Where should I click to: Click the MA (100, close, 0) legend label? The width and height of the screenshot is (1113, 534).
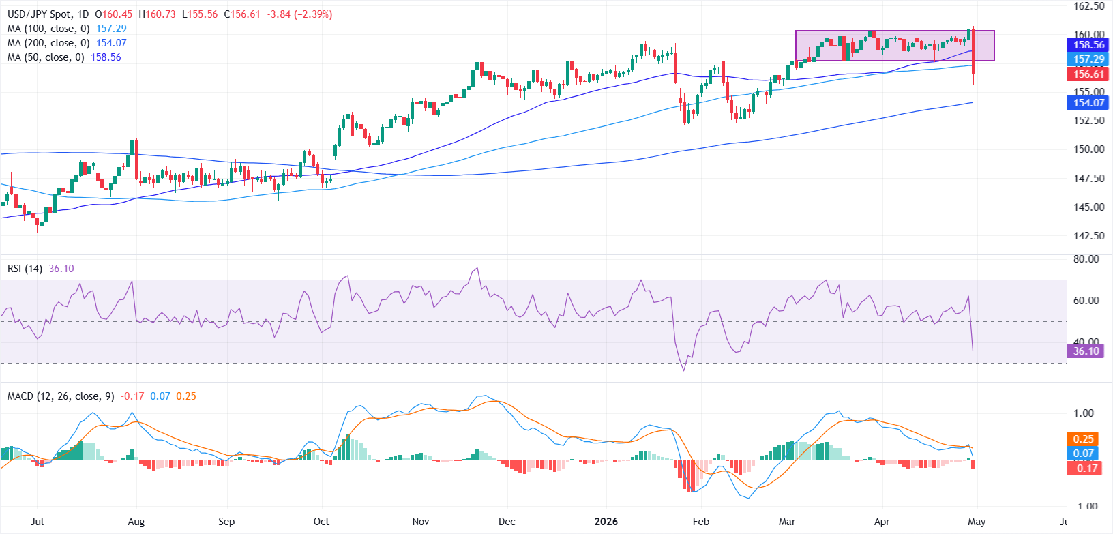tap(48, 29)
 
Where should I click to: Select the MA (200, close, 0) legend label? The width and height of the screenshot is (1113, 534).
tap(48, 43)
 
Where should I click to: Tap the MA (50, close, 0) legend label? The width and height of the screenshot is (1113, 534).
tap(45, 57)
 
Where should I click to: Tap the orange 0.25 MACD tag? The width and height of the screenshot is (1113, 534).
tap(1083, 439)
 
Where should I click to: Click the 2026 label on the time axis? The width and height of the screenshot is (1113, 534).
tap(606, 522)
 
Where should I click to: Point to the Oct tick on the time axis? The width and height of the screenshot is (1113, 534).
tap(321, 522)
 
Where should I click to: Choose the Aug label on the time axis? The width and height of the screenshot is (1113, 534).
tap(136, 522)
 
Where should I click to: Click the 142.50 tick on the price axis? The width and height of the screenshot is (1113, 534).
tap(1088, 236)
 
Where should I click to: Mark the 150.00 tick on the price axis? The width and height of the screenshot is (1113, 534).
tap(1088, 149)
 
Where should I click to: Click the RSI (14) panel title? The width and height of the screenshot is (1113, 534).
tap(25, 269)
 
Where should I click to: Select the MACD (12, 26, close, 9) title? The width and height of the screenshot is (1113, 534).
tap(61, 396)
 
